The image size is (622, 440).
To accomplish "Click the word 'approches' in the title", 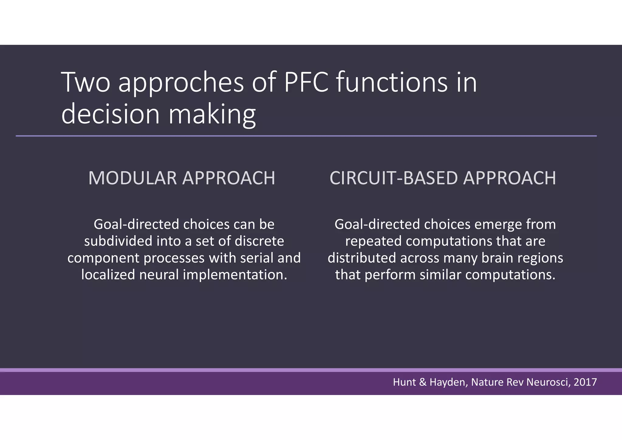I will click(181, 83).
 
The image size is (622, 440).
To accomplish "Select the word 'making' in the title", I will click(212, 115).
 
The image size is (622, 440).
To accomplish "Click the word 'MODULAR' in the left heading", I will click(132, 178).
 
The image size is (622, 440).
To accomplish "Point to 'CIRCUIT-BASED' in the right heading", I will click(394, 178).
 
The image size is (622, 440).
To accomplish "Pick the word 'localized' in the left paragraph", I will click(108, 275).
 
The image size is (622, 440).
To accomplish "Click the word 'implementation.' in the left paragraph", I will click(235, 275).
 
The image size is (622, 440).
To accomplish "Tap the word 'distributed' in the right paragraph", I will click(361, 258).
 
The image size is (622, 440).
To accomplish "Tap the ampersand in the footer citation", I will click(422, 382).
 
